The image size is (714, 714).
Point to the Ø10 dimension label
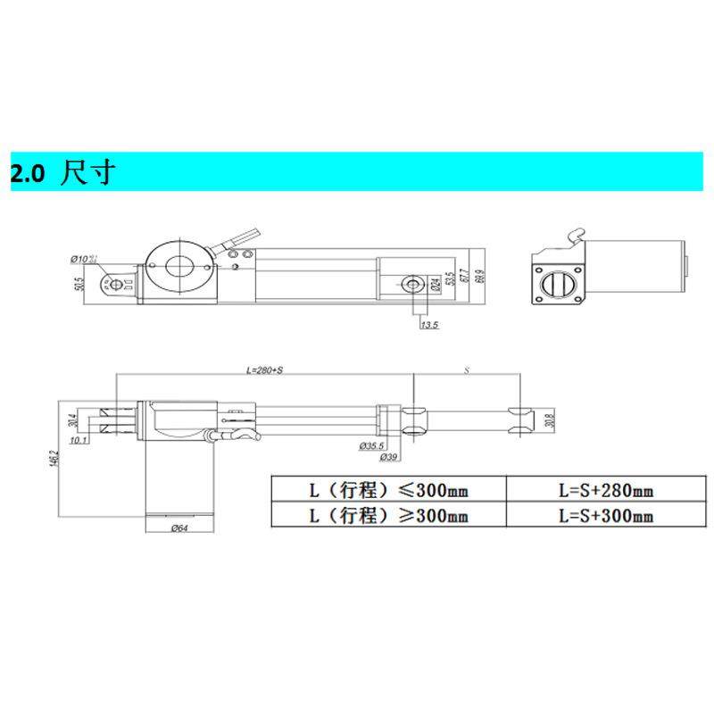[x=83, y=259]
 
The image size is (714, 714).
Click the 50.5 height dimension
[x=79, y=285]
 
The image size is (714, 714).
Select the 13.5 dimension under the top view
[x=429, y=325]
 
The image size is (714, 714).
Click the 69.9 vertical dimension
[x=482, y=278]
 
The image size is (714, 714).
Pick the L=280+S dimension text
[x=263, y=369]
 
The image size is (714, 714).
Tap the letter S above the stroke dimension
[x=466, y=369]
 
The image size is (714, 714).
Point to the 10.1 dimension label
[x=78, y=440]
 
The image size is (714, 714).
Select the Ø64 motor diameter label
[x=178, y=528]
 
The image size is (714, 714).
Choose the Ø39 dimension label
[x=388, y=457]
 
